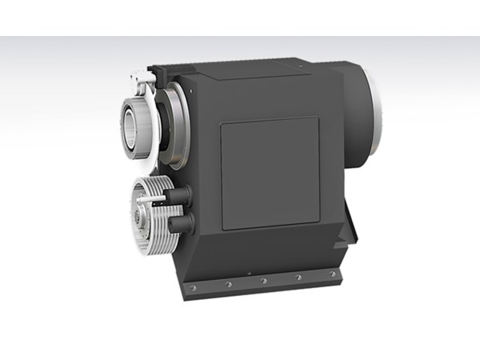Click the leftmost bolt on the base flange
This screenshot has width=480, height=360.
192,288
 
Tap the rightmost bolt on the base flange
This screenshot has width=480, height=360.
332,274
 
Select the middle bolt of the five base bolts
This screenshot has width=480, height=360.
263,281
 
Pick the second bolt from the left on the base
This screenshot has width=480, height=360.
228,284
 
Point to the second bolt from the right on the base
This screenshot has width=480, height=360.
298,277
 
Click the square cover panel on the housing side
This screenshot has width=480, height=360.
270,173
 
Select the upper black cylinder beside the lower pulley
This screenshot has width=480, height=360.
179,194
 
